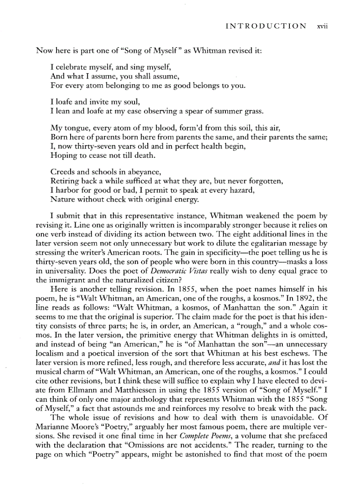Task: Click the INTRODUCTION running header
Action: click(266, 26)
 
